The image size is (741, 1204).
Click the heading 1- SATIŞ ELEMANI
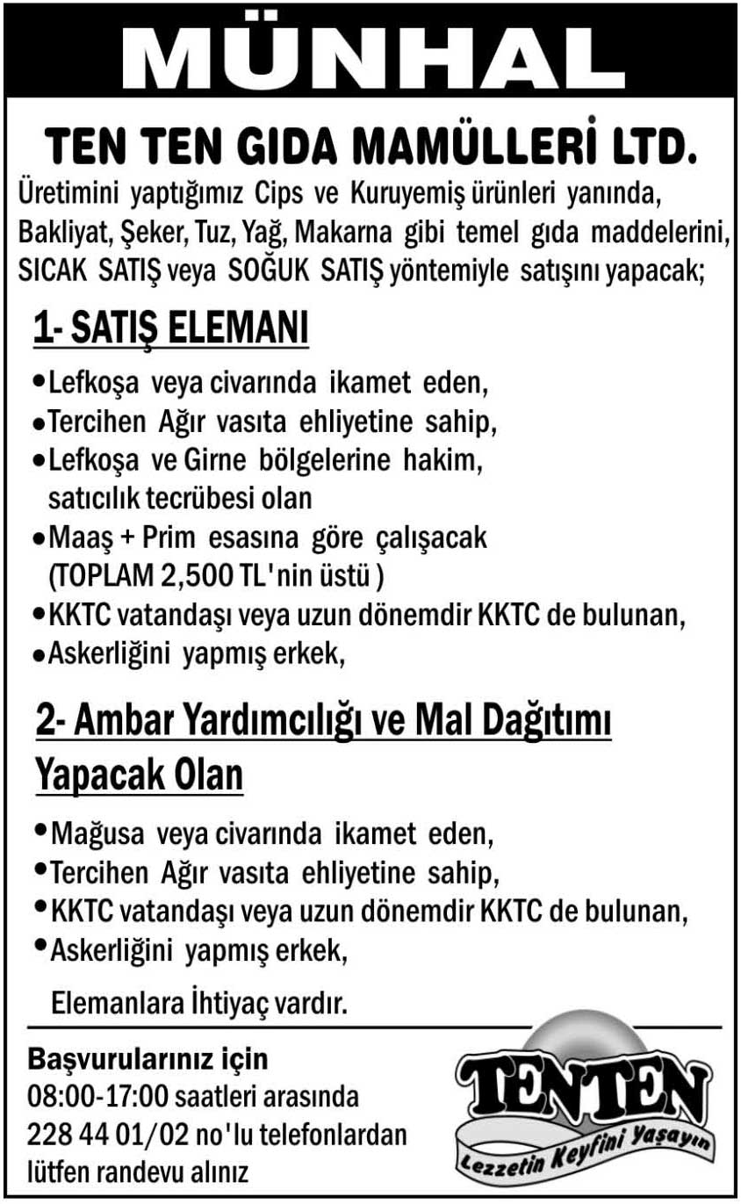[x=171, y=331]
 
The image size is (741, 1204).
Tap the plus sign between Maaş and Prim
[x=119, y=537]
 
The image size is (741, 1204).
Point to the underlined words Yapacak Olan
[x=139, y=776]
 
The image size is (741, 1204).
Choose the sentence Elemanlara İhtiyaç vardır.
[x=200, y=1002]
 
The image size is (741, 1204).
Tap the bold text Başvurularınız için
[x=148, y=1059]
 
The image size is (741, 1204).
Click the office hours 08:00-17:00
[x=99, y=1098]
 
